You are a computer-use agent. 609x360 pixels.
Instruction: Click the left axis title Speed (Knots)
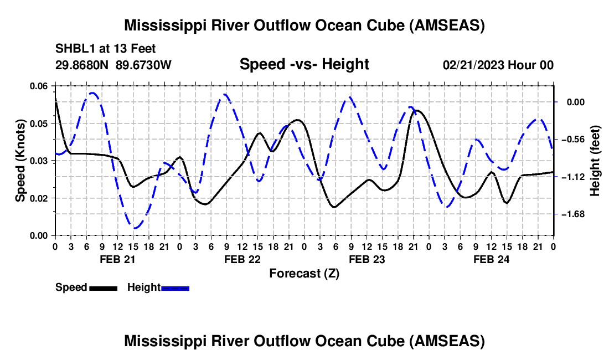[20, 161]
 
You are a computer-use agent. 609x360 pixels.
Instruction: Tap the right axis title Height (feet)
[595, 161]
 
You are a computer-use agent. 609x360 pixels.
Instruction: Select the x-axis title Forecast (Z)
[304, 273]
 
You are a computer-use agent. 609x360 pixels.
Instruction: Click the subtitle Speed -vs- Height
[304, 64]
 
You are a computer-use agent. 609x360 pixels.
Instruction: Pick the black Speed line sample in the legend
[102, 287]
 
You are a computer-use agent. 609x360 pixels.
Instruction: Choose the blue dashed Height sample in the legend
[175, 287]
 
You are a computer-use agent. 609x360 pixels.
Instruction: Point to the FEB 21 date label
[117, 259]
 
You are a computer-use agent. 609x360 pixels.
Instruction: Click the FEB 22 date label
[241, 259]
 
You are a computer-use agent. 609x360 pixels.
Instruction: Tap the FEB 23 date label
[366, 259]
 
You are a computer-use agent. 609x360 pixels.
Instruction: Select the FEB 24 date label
[491, 259]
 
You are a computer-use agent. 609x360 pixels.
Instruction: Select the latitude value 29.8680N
[82, 65]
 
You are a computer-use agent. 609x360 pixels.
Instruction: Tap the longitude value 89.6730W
[144, 65]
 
